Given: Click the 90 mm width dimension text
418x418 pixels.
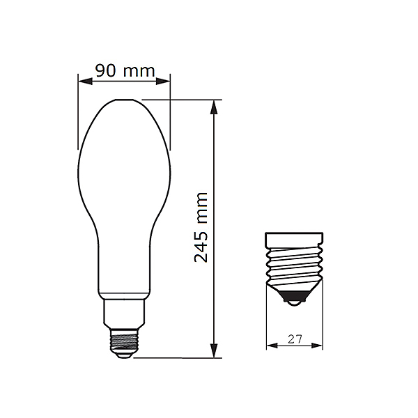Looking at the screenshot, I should [124, 70].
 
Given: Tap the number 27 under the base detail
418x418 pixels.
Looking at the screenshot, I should [295, 340].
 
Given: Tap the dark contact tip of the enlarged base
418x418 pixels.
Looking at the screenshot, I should [295, 301].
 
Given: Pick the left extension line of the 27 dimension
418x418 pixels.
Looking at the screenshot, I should [267, 327].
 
